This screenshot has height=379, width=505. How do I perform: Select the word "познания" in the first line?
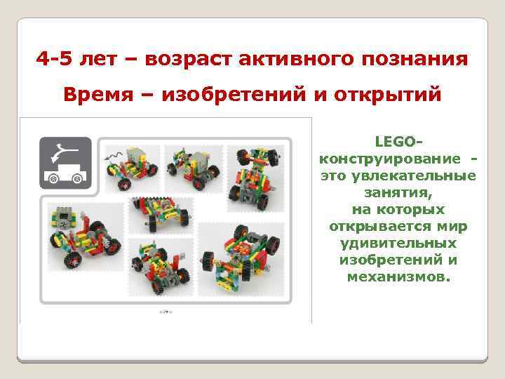pyautogui.click(x=410, y=58)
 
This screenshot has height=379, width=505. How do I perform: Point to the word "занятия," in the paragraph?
pyautogui.click(x=398, y=192)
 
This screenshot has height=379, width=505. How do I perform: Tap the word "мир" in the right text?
pyautogui.click(x=455, y=226)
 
